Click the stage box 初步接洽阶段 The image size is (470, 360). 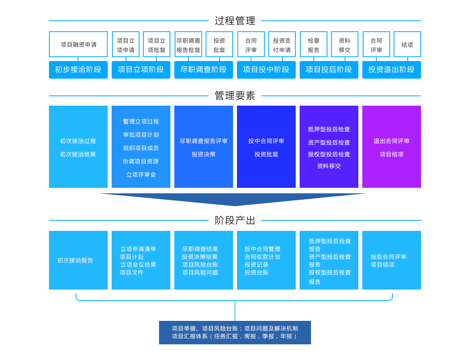pyautogui.click(x=78, y=70)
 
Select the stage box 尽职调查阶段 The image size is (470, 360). pyautogui.click(x=203, y=70)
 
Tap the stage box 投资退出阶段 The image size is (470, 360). pyautogui.click(x=391, y=70)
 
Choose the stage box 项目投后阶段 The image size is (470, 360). pyautogui.click(x=329, y=70)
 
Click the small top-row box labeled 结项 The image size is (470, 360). pyautogui.click(x=407, y=45)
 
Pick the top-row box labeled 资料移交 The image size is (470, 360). pyautogui.click(x=344, y=45)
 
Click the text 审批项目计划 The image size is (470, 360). pyautogui.click(x=141, y=135)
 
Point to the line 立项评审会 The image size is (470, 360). pyautogui.click(x=141, y=175)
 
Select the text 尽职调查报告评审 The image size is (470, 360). pyautogui.click(x=203, y=141)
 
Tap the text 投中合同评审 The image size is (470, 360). pyautogui.click(x=266, y=141)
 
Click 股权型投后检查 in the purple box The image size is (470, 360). pyautogui.click(x=329, y=154)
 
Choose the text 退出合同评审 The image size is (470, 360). pyautogui.click(x=391, y=141)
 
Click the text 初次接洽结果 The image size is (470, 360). pyautogui.click(x=78, y=154)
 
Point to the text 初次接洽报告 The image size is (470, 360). pyautogui.click(x=75, y=260)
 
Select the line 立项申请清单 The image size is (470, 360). pyautogui.click(x=138, y=249)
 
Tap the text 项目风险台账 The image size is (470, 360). pyautogui.click(x=200, y=265)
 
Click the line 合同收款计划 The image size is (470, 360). pyautogui.click(x=262, y=257)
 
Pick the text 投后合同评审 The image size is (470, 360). pyautogui.click(x=389, y=257)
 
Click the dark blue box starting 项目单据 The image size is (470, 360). pyautogui.click(x=235, y=332)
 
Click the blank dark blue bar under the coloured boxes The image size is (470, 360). pyautogui.click(x=233, y=200)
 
